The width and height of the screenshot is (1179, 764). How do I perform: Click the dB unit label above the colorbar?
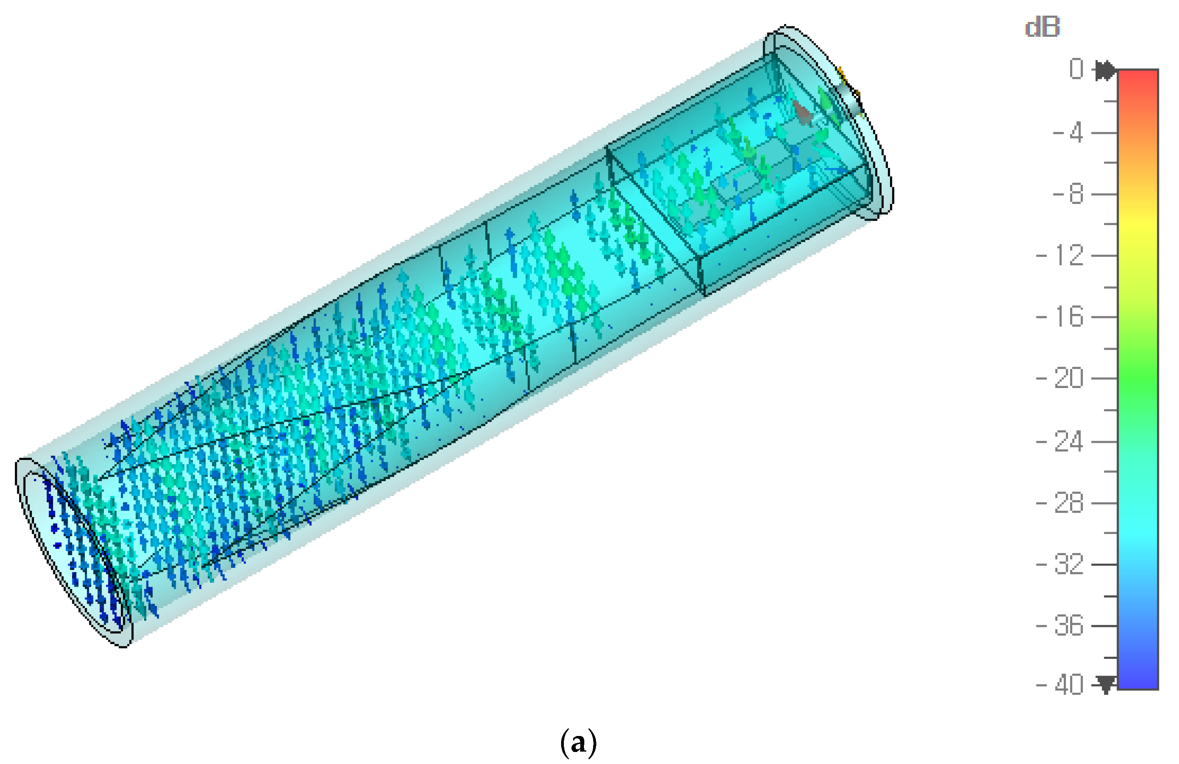[1042, 27]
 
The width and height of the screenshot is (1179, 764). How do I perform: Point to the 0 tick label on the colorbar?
[1076, 69]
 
